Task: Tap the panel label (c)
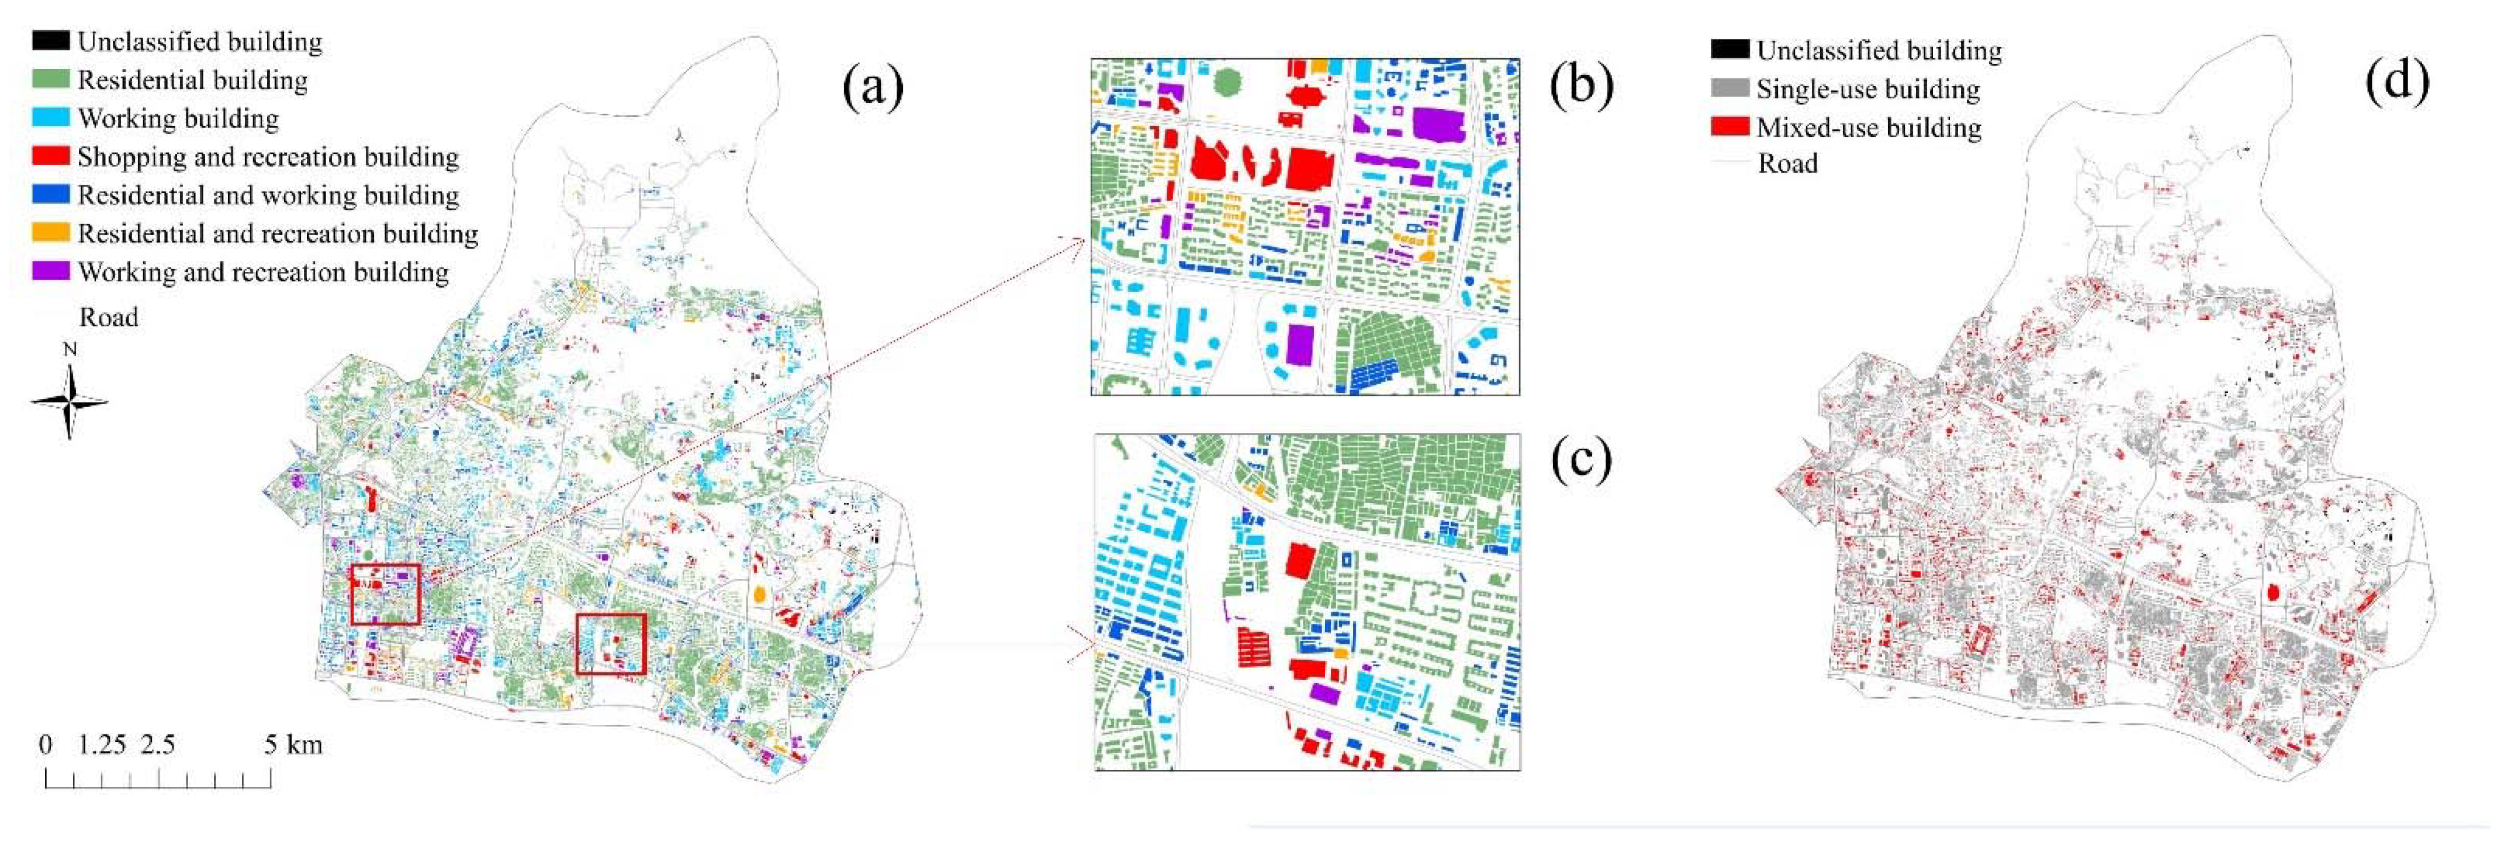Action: point(1581,459)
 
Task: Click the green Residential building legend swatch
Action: point(51,79)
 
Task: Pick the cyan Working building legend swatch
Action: point(51,117)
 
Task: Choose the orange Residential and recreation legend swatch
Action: point(51,233)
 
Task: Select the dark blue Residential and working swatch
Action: point(51,194)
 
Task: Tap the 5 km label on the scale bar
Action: point(293,745)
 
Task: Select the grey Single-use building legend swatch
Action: point(1729,88)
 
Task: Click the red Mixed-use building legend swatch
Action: point(1729,126)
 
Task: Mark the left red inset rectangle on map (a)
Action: point(386,594)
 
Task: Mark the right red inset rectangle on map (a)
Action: point(611,643)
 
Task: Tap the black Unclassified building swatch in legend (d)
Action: point(1729,49)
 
